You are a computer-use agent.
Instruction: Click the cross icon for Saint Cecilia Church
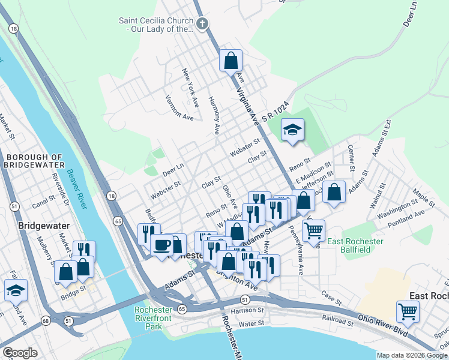point(202,24)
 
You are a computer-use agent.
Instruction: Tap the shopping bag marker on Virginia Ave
point(231,61)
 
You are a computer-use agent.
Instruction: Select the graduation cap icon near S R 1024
point(292,130)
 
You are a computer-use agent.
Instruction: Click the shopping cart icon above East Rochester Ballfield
point(313,230)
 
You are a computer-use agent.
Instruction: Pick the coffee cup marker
point(161,245)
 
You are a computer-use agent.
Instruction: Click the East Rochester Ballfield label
point(355,246)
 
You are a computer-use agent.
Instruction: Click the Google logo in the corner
point(20,353)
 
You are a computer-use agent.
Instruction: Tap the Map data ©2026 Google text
point(412,355)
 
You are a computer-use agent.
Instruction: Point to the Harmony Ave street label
point(214,115)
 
